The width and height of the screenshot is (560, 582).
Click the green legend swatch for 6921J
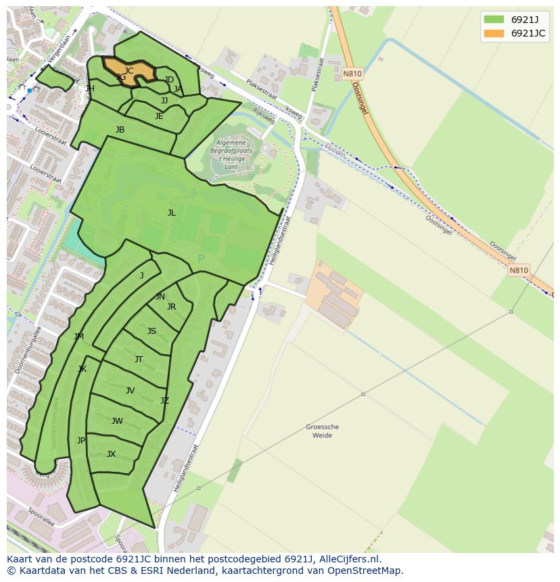point(494,19)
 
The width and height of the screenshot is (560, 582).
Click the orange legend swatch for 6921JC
point(494,33)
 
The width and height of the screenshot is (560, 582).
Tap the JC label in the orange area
point(129,70)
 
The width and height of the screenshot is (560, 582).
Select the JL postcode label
point(171,213)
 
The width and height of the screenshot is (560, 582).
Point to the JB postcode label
point(120,130)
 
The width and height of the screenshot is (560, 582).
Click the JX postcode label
point(111,454)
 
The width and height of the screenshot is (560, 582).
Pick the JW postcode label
point(117,421)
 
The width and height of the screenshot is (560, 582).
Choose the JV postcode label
point(130,390)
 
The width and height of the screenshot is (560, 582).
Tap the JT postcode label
point(139,360)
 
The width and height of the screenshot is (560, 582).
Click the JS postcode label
point(151,331)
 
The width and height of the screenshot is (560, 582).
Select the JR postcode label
point(171,307)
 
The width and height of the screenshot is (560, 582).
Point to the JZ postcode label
point(164,401)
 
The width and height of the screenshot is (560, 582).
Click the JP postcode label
point(81,441)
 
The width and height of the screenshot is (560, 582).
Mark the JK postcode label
point(82,369)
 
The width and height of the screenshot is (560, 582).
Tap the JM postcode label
point(79,337)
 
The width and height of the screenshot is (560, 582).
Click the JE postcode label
point(159,116)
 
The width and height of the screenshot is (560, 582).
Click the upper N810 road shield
point(352,74)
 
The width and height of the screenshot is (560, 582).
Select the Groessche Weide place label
point(322,431)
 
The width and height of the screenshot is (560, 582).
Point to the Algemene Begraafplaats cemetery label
point(233,149)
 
